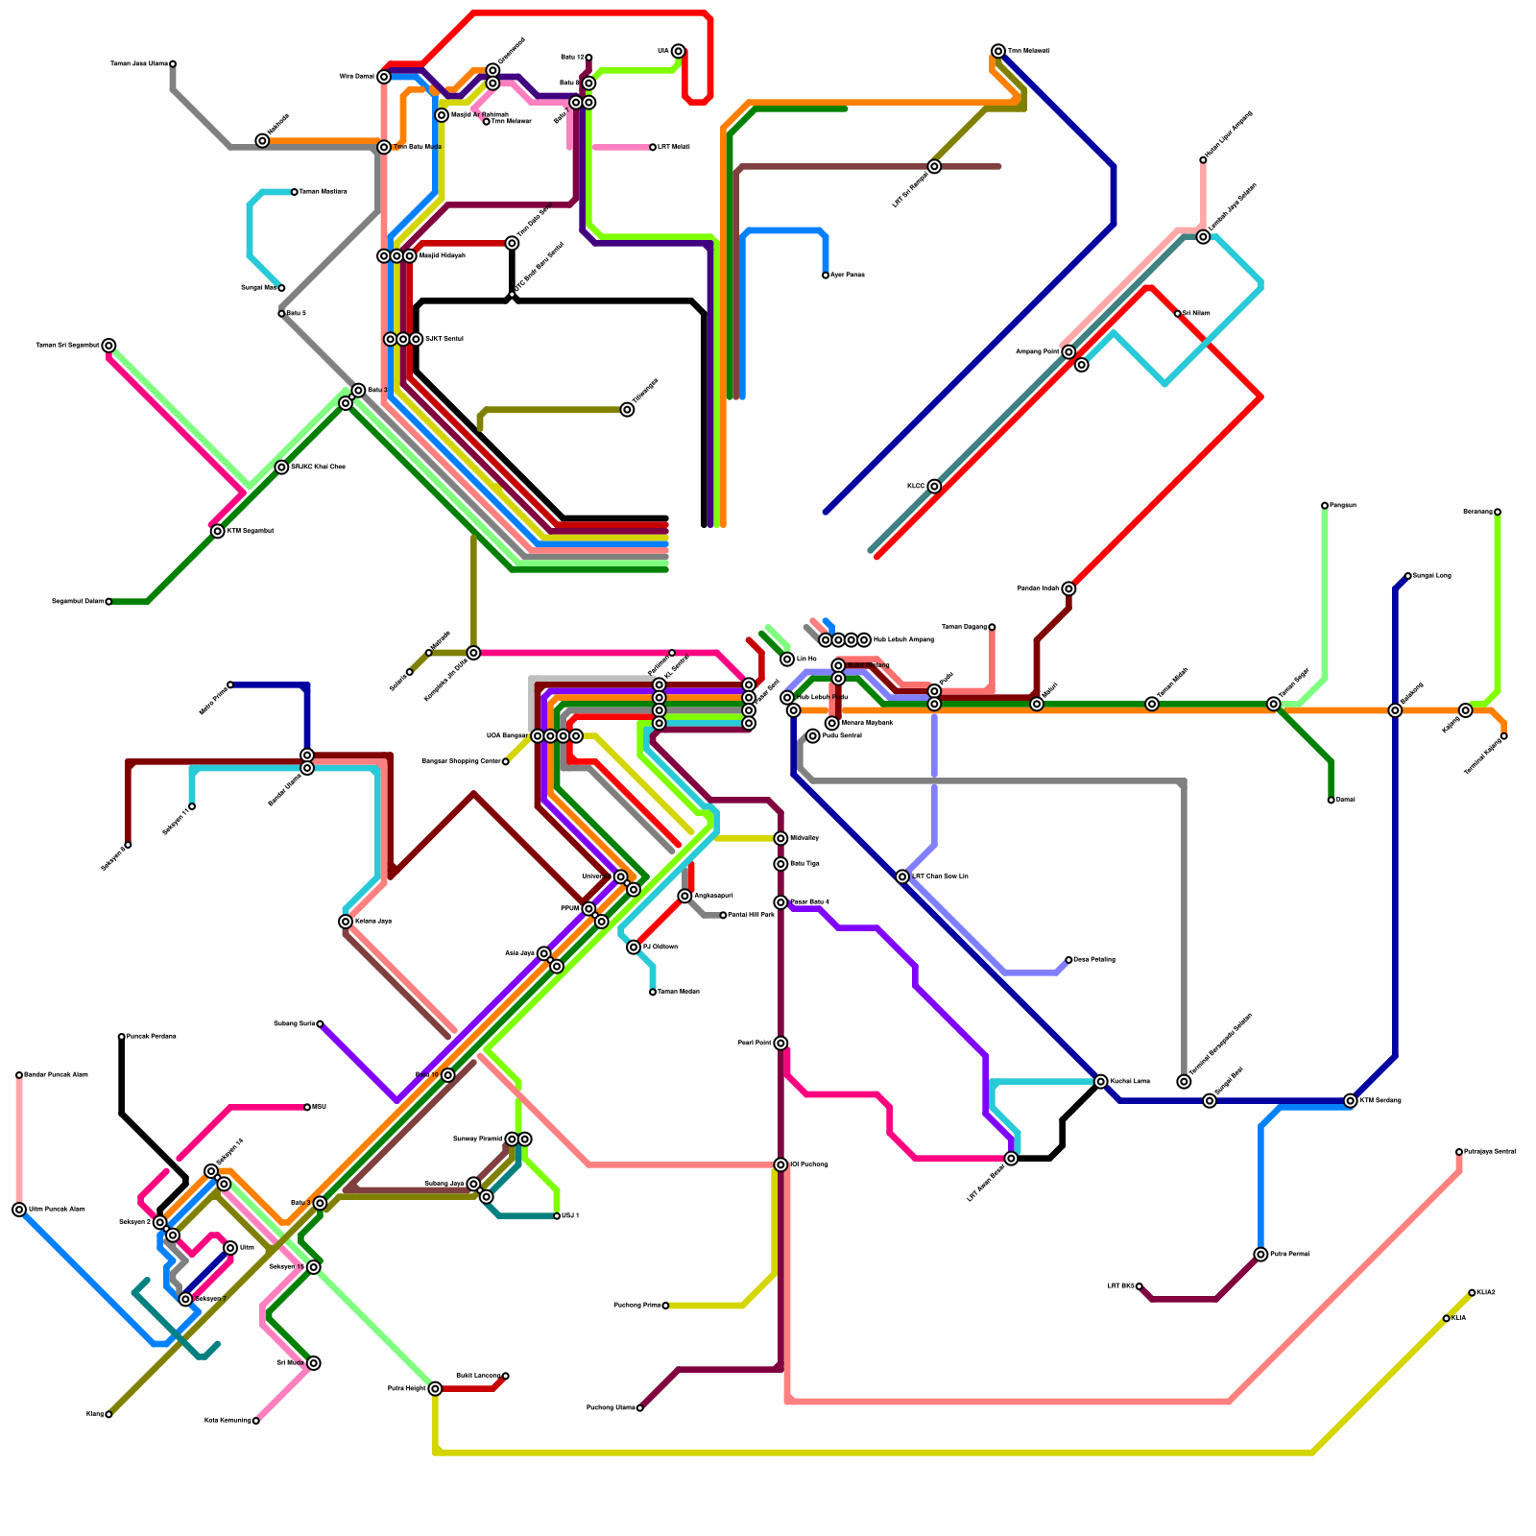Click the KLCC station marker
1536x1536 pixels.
pyautogui.click(x=934, y=487)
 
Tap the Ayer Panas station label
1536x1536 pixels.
pyautogui.click(x=848, y=276)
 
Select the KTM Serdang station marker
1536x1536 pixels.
pyautogui.click(x=1351, y=1101)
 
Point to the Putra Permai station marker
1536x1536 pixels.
pyautogui.click(x=1260, y=1255)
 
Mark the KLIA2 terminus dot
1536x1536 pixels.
pyautogui.click(x=1472, y=1293)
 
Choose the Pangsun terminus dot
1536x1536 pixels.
pyautogui.click(x=1325, y=505)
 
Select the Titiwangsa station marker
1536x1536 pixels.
pyautogui.click(x=627, y=410)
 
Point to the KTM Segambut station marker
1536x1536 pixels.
pyautogui.click(x=218, y=531)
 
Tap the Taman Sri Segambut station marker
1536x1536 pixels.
pyautogui.click(x=109, y=346)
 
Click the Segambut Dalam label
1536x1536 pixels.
pyautogui.click(x=77, y=602)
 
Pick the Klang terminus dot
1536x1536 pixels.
pyautogui.click(x=108, y=1414)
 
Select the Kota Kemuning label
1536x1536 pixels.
pyautogui.click(x=228, y=1421)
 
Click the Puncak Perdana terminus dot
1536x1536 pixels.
pyautogui.click(x=122, y=1037)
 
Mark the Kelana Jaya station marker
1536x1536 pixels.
pyautogui.click(x=346, y=922)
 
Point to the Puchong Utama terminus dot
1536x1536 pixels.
pyautogui.click(x=640, y=1408)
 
